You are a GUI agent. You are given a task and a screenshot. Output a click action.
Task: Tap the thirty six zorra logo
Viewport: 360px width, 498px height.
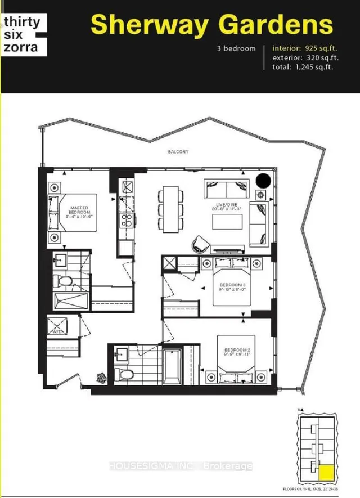pos(22,35)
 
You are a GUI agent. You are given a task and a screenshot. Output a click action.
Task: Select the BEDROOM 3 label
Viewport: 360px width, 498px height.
pos(232,288)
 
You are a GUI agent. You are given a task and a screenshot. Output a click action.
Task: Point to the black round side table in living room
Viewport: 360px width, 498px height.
pos(263,182)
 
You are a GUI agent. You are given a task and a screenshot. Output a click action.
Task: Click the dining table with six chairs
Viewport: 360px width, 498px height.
pos(170,209)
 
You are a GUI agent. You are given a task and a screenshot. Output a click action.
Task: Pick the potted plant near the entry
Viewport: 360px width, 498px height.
pos(101,376)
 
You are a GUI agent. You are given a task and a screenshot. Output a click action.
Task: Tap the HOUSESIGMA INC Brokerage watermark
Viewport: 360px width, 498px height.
pos(180,466)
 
